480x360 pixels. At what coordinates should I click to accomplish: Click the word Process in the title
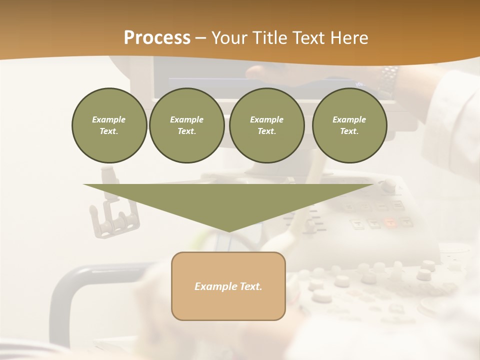(x=157, y=38)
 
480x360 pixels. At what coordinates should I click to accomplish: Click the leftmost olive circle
(x=109, y=125)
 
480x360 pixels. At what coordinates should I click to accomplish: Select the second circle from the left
(x=186, y=125)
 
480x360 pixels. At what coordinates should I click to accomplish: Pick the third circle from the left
(x=266, y=125)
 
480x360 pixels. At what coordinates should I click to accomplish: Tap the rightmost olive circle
(x=349, y=125)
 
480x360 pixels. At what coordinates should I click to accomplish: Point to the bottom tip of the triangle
(x=228, y=230)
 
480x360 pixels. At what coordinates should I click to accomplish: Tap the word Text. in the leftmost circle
(x=109, y=131)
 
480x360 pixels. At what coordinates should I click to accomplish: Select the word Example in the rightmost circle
(x=349, y=119)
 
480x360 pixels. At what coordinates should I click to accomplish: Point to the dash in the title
(x=200, y=38)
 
